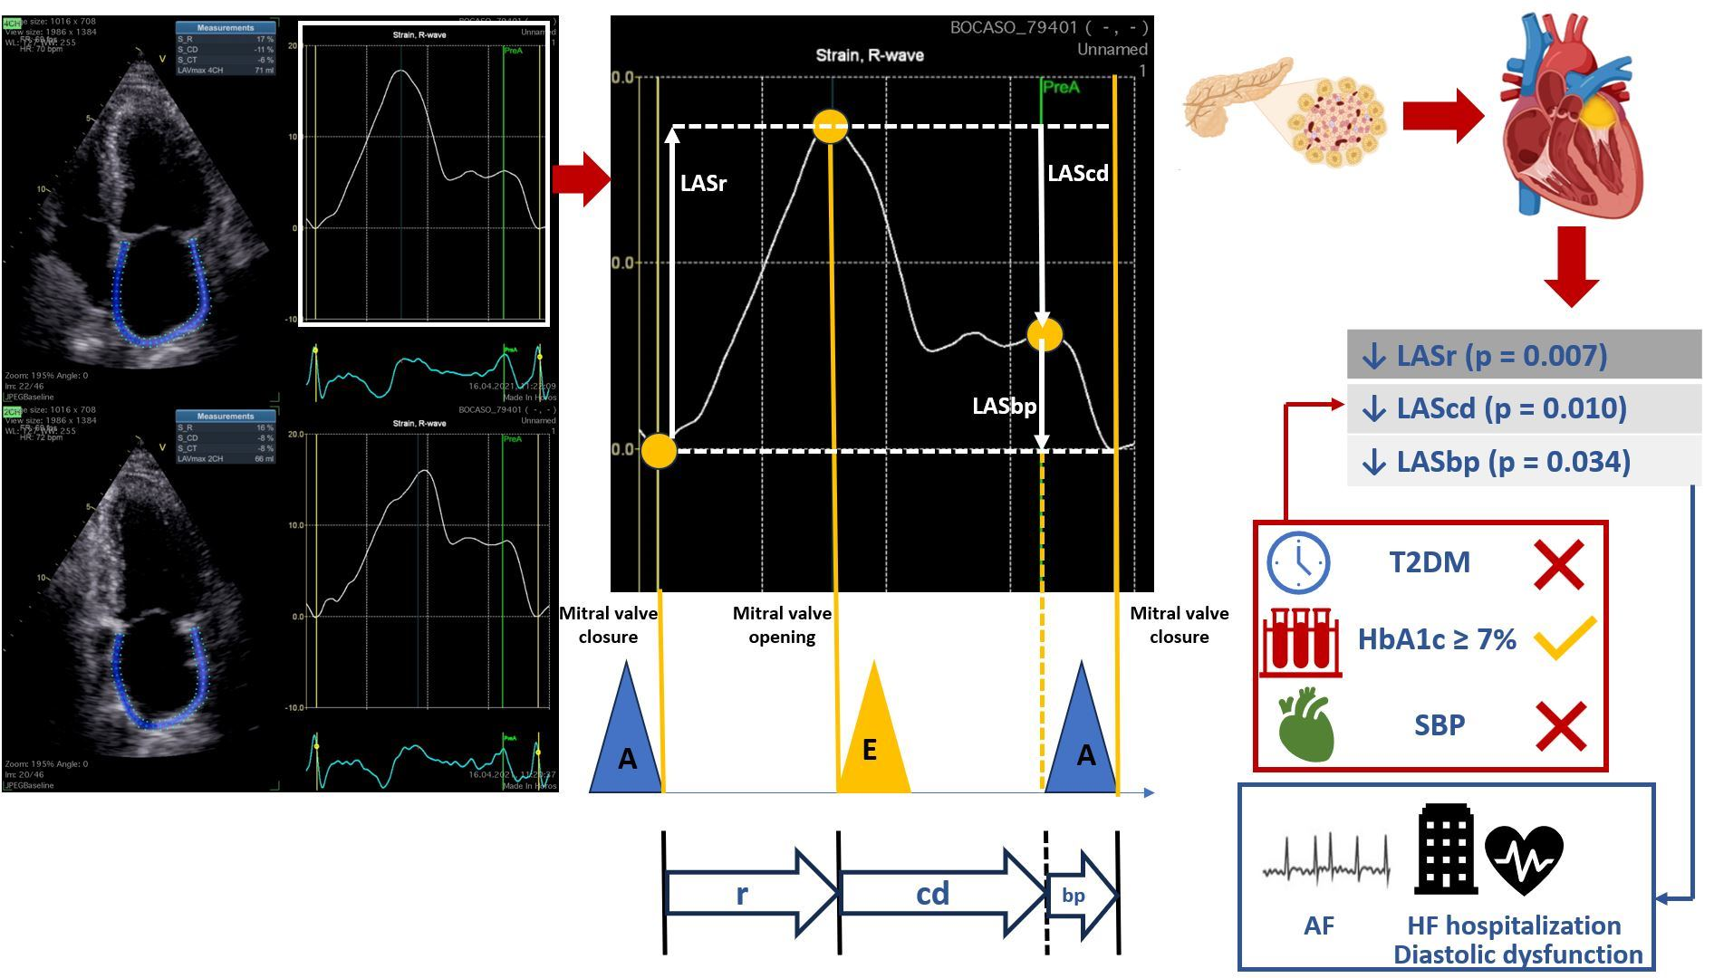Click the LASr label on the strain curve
point(703,183)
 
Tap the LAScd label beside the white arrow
point(1077,173)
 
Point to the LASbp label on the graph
point(1004,407)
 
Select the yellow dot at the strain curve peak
point(830,126)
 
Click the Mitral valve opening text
point(782,625)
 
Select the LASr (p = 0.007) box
point(1524,355)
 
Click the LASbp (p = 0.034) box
point(1524,462)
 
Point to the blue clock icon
point(1297,562)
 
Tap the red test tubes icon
point(1300,641)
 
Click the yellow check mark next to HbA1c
point(1565,638)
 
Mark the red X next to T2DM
point(1559,564)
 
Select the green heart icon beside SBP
point(1305,725)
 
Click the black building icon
point(1446,849)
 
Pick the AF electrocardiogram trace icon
point(1325,863)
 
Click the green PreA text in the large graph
point(1061,88)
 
